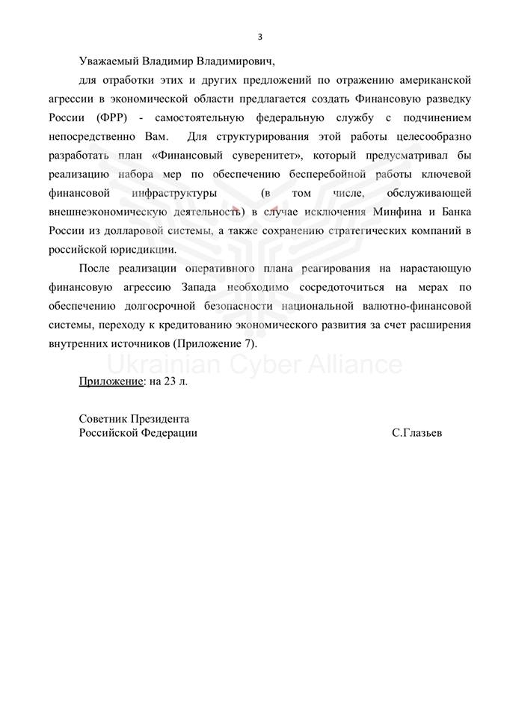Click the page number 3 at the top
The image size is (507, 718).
click(x=259, y=37)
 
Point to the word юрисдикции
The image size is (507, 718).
click(x=142, y=250)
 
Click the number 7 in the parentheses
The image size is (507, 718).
click(x=248, y=343)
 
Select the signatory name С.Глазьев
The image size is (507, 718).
click(x=416, y=433)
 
